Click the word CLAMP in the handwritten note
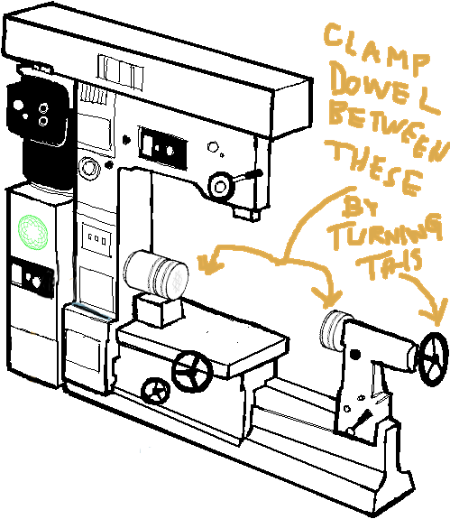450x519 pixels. tap(376, 49)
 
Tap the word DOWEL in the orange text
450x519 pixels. tap(383, 88)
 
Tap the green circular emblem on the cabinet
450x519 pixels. tap(32, 232)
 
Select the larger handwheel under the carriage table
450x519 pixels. tap(192, 371)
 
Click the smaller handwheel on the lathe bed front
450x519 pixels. tap(155, 391)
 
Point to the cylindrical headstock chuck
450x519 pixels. tap(156, 273)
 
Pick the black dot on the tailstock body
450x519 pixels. tap(355, 355)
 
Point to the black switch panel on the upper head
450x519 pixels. tap(162, 147)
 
